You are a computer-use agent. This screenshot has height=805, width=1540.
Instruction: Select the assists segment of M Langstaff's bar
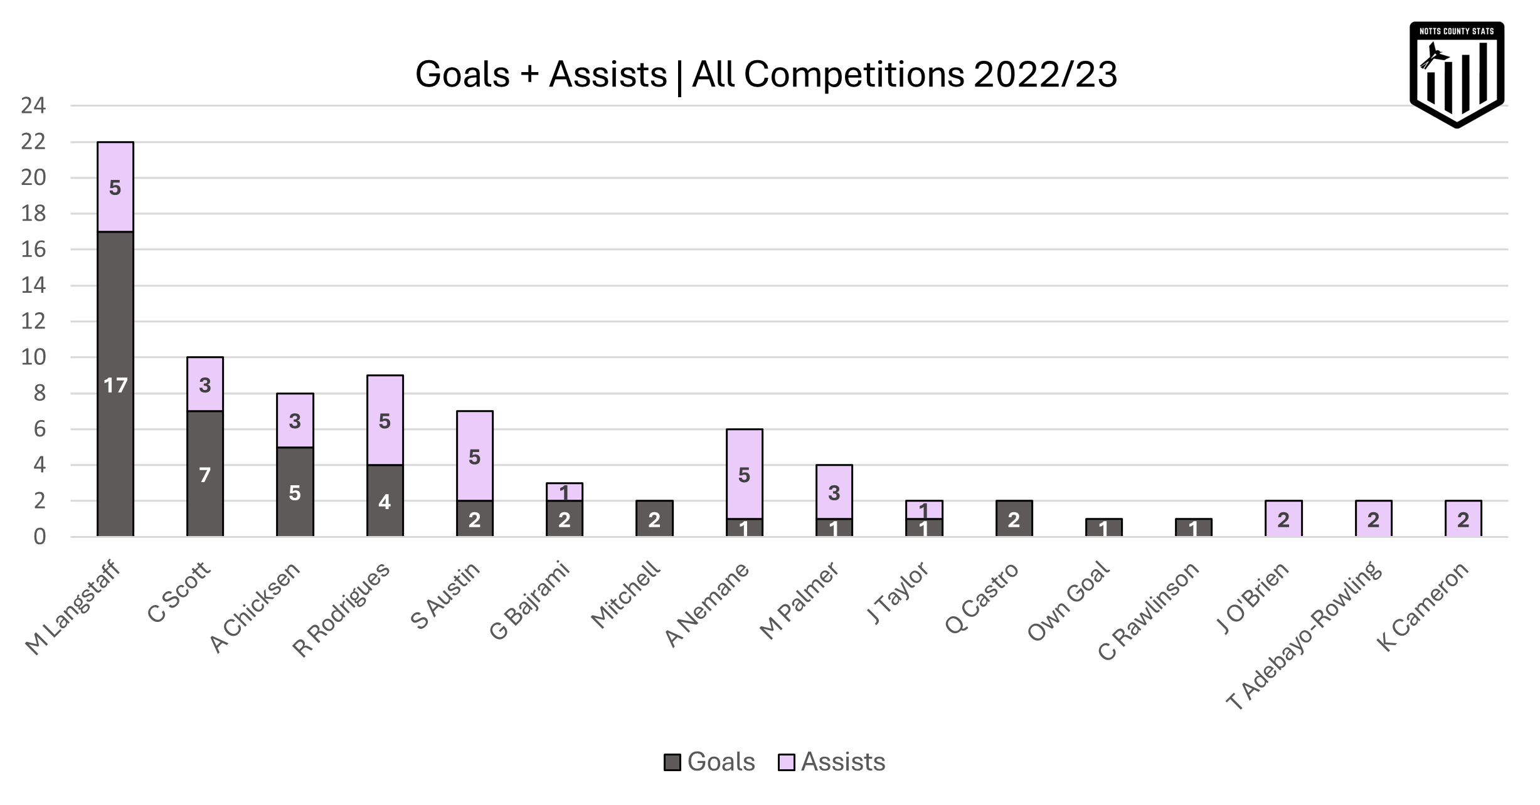pos(115,187)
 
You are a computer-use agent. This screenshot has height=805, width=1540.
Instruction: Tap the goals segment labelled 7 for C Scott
pos(205,475)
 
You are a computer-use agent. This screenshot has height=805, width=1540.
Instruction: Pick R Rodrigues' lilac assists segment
pos(385,421)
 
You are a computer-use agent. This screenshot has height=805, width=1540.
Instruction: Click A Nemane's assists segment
pos(744,475)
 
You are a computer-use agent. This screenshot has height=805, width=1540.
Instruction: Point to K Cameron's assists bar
pos(1463,519)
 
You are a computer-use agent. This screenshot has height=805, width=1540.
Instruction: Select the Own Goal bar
pos(1103,529)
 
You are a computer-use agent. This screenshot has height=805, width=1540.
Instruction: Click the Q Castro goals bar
pos(1014,519)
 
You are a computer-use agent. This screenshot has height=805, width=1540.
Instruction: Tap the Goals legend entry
pos(710,762)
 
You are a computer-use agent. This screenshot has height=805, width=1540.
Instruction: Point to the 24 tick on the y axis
pos(33,106)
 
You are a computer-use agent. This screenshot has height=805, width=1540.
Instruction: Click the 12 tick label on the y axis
pos(33,322)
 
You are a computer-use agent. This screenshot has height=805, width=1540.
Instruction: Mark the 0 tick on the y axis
pos(40,537)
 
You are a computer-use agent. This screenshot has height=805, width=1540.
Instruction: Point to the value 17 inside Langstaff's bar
pos(115,385)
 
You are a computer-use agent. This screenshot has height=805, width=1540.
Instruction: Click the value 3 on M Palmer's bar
pos(834,493)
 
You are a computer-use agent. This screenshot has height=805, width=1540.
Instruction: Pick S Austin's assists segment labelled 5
pos(474,456)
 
